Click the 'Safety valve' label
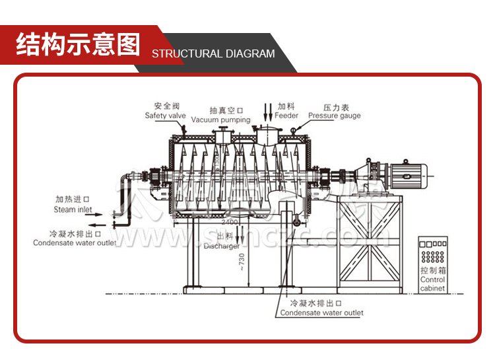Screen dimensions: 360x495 tap(166, 116)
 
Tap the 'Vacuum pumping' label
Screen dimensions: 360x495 tap(221, 120)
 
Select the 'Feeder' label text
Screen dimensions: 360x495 tap(286, 116)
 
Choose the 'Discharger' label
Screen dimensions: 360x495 tap(221, 246)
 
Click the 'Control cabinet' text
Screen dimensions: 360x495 tap(433, 284)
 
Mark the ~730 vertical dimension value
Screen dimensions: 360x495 tap(242, 262)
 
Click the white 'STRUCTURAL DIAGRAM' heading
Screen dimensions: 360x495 tap(213, 54)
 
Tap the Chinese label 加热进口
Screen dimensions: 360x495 tap(73, 198)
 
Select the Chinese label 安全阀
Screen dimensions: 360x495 tap(166, 106)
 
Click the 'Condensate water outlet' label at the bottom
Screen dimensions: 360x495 tap(321, 313)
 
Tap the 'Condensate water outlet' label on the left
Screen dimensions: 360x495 tap(74, 242)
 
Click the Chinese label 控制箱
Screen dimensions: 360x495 tap(433, 271)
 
